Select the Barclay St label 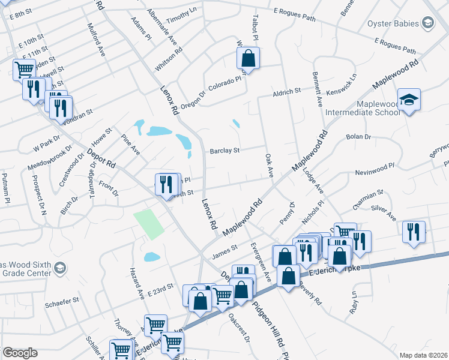[224, 151]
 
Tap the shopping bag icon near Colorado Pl [248, 59]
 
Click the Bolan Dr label [359, 137]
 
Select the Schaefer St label [62, 299]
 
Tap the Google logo [20, 353]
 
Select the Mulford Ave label [96, 40]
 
